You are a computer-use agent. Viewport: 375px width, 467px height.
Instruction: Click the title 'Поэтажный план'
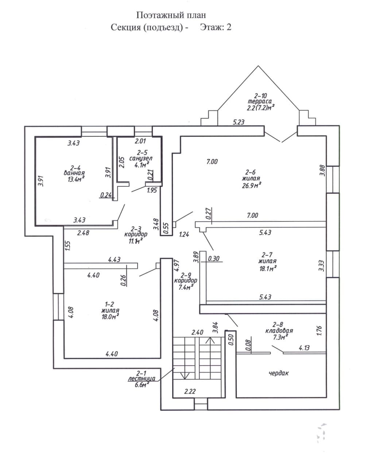171,15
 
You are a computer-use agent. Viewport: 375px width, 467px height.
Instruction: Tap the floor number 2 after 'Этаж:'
229,27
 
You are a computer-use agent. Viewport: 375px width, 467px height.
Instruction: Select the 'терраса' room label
260,101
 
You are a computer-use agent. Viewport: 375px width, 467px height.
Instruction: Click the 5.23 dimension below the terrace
239,122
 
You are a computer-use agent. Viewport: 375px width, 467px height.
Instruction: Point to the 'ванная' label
74,173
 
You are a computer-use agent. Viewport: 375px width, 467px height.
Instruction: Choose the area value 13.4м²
76,179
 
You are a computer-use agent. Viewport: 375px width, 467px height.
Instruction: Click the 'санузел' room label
141,158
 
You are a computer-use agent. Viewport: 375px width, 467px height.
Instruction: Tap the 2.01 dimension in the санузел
140,141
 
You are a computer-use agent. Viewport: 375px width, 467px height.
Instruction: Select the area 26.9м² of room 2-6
251,185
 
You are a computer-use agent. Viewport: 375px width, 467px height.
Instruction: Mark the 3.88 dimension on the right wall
323,171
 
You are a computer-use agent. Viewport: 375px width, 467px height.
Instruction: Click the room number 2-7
267,255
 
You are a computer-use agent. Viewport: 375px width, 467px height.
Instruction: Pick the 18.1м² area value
268,269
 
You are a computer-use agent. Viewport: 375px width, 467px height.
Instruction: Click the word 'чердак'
279,373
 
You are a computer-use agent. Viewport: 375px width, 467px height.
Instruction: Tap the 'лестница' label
142,379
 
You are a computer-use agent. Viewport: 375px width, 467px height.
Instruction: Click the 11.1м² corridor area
136,241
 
